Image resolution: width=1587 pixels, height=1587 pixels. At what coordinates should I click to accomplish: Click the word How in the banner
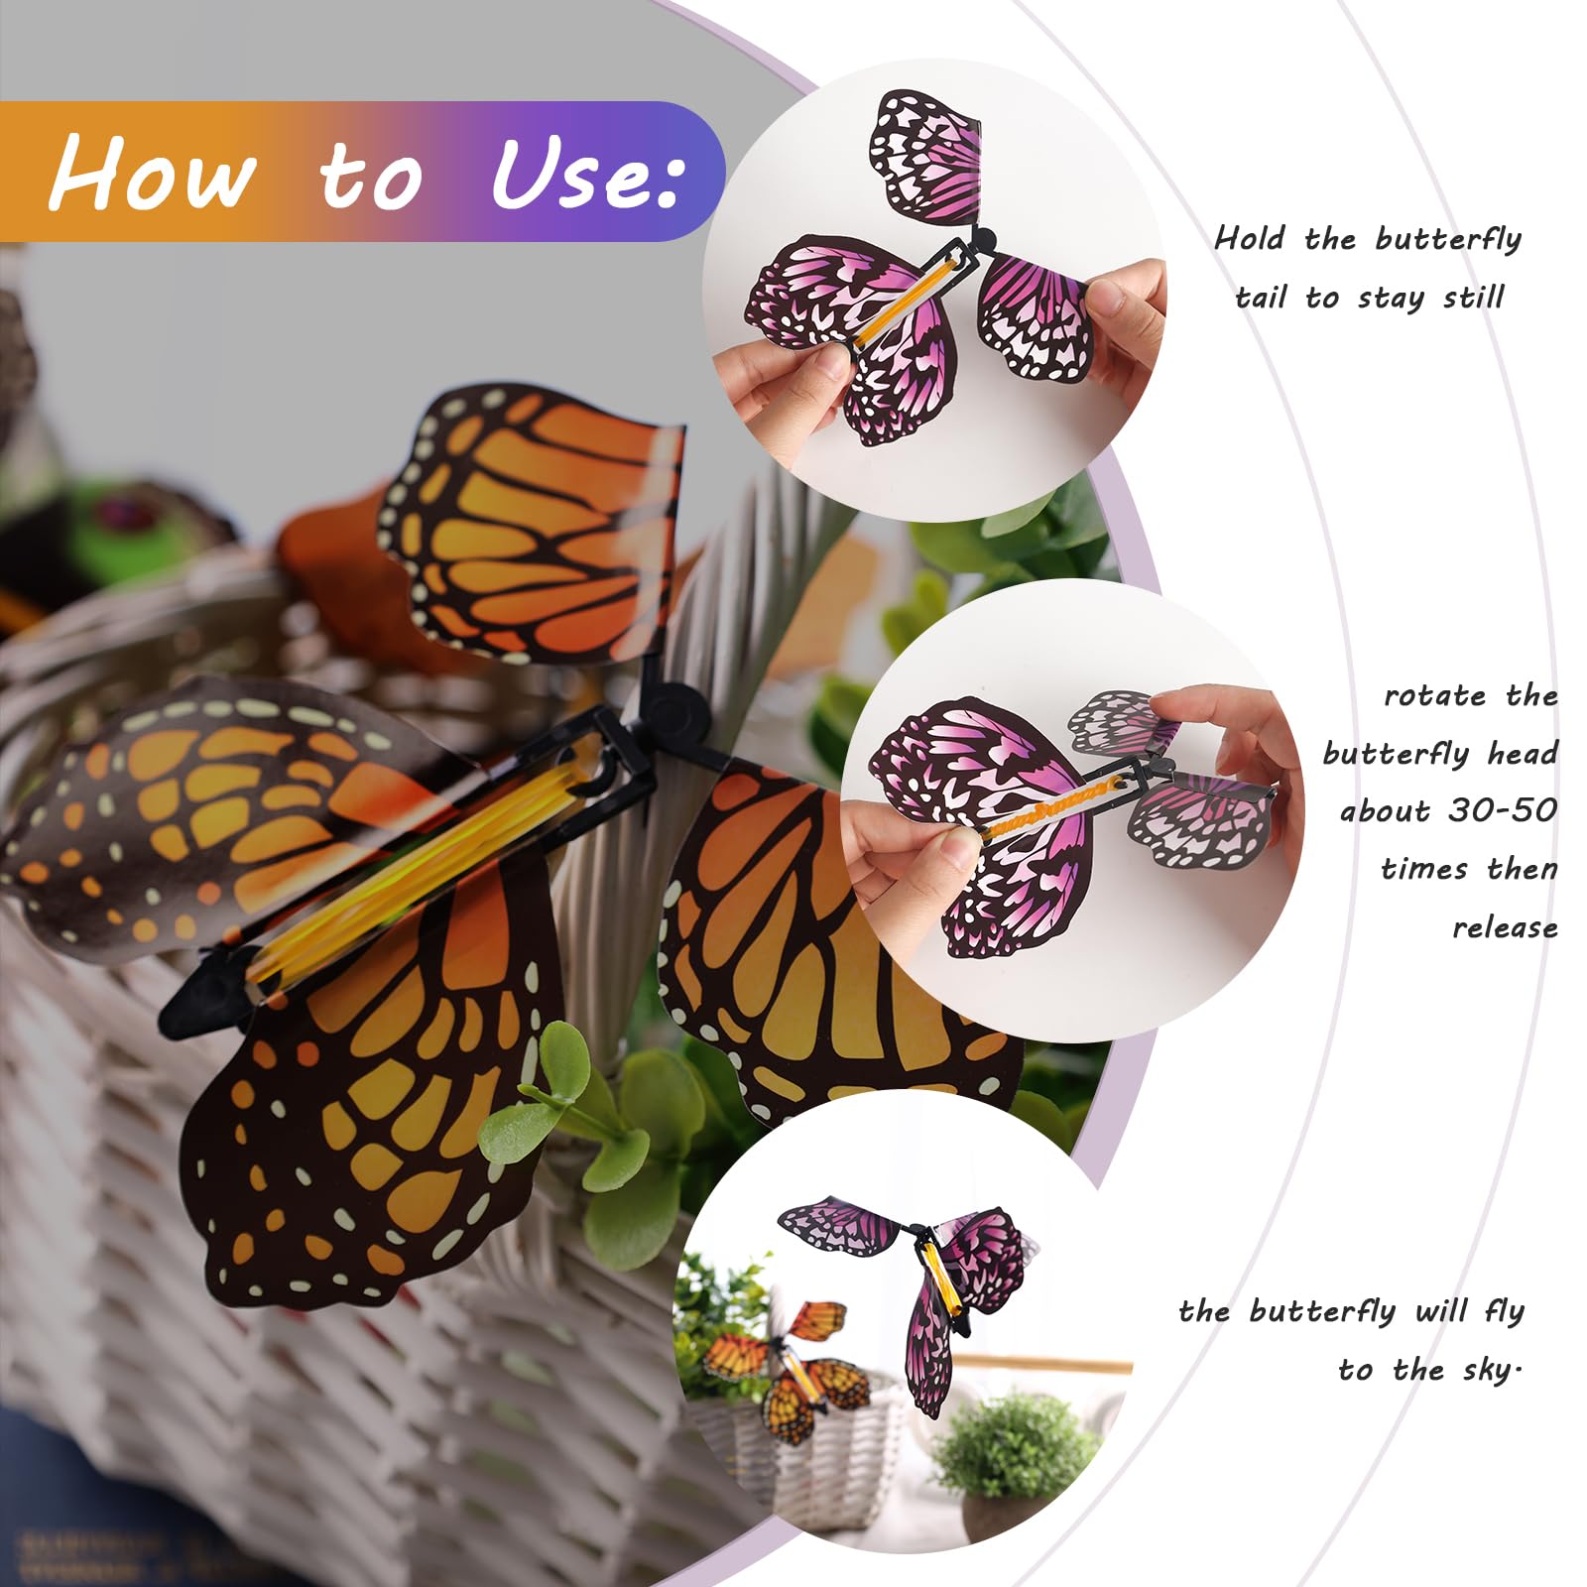click(153, 173)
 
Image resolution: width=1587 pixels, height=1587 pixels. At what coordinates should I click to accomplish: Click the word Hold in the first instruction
click(1250, 238)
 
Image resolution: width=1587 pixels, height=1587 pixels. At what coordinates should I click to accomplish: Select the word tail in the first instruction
click(1261, 297)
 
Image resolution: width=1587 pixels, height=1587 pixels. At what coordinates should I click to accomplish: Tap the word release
click(1505, 927)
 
